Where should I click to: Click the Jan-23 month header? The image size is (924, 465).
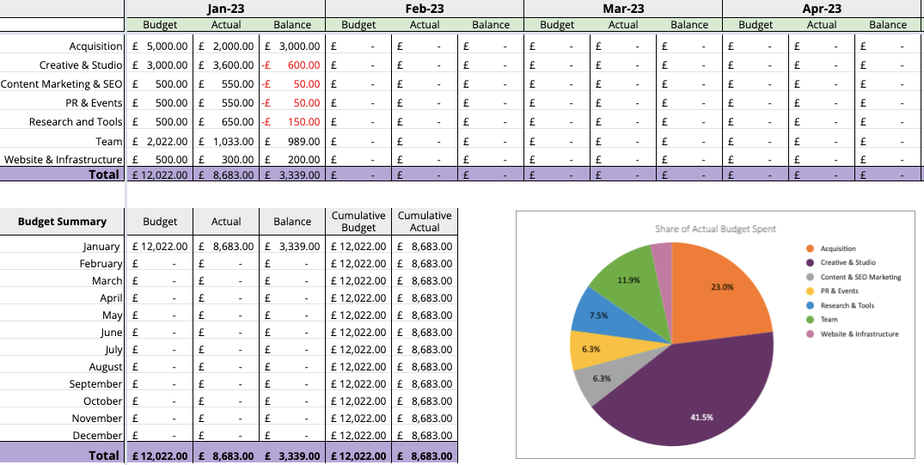[x=225, y=9]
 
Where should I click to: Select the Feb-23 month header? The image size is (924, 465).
[x=425, y=9]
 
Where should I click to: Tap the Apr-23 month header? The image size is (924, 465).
[x=822, y=9]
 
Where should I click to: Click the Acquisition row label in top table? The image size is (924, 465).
[x=95, y=46]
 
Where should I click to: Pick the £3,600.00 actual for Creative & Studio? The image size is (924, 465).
[x=226, y=65]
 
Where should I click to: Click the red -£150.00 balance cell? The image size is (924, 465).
[x=292, y=122]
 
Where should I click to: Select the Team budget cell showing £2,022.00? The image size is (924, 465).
[x=160, y=141]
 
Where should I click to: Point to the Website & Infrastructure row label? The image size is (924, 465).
[x=64, y=160]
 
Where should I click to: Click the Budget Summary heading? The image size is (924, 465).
[x=63, y=222]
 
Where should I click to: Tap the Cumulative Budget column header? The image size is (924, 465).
[x=358, y=222]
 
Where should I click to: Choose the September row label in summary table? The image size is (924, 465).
[x=96, y=384]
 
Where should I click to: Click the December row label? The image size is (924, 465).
[x=97, y=436]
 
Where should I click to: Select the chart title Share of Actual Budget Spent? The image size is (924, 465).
[x=715, y=229]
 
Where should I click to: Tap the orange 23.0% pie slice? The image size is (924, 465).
[x=718, y=288]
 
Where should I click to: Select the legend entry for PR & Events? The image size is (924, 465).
[x=839, y=291]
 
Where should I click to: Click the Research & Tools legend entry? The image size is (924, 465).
[x=847, y=305]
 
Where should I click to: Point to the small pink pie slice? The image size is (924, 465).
[x=662, y=254]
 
